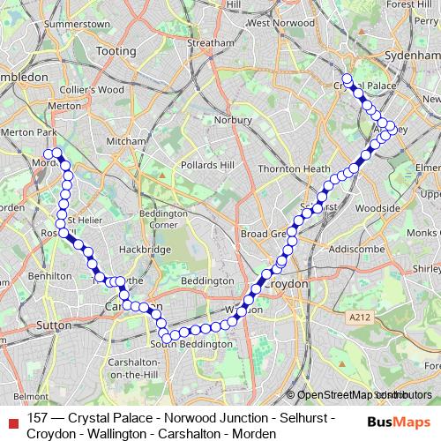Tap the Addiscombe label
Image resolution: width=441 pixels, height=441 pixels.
(x=352, y=249)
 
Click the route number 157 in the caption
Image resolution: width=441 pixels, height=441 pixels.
(x=38, y=417)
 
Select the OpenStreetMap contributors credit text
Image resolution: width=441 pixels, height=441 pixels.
(x=359, y=394)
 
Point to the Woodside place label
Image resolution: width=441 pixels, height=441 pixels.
(x=379, y=208)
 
